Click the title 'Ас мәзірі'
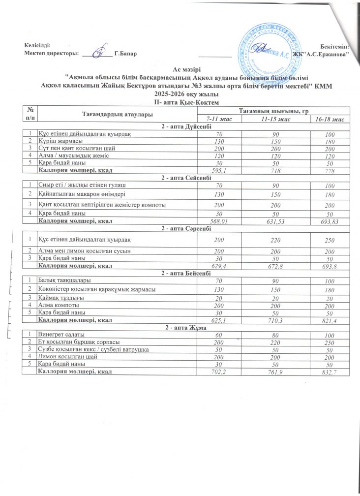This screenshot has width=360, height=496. pos(186,69)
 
